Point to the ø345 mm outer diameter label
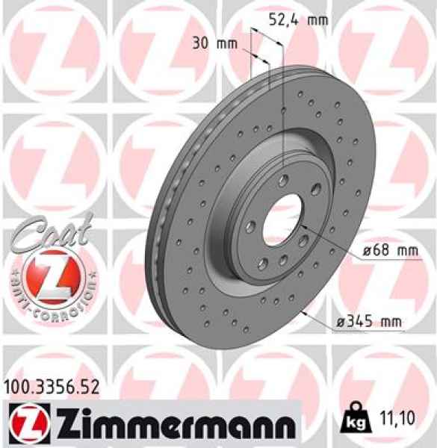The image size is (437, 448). pos(368,322)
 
